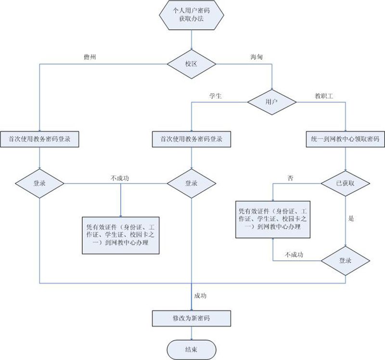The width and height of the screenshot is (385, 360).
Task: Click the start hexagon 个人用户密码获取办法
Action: point(192,16)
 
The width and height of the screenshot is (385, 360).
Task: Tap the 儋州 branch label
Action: point(91,57)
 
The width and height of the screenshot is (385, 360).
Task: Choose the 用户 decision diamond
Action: point(272,102)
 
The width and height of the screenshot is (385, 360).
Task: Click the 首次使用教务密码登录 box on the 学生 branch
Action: point(192,139)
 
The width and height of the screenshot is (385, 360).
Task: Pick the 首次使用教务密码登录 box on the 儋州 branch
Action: point(39,139)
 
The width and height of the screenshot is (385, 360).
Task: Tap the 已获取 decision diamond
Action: point(346,183)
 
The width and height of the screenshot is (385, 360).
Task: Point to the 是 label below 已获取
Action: point(351,218)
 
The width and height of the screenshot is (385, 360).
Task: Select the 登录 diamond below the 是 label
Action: point(346,261)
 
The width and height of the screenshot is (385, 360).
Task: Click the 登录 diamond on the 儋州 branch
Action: point(39,183)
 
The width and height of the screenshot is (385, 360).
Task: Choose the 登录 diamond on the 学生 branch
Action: point(192,183)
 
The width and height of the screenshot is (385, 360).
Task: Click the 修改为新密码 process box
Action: point(192,318)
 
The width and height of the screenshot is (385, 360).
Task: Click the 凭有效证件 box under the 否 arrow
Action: point(273,219)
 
